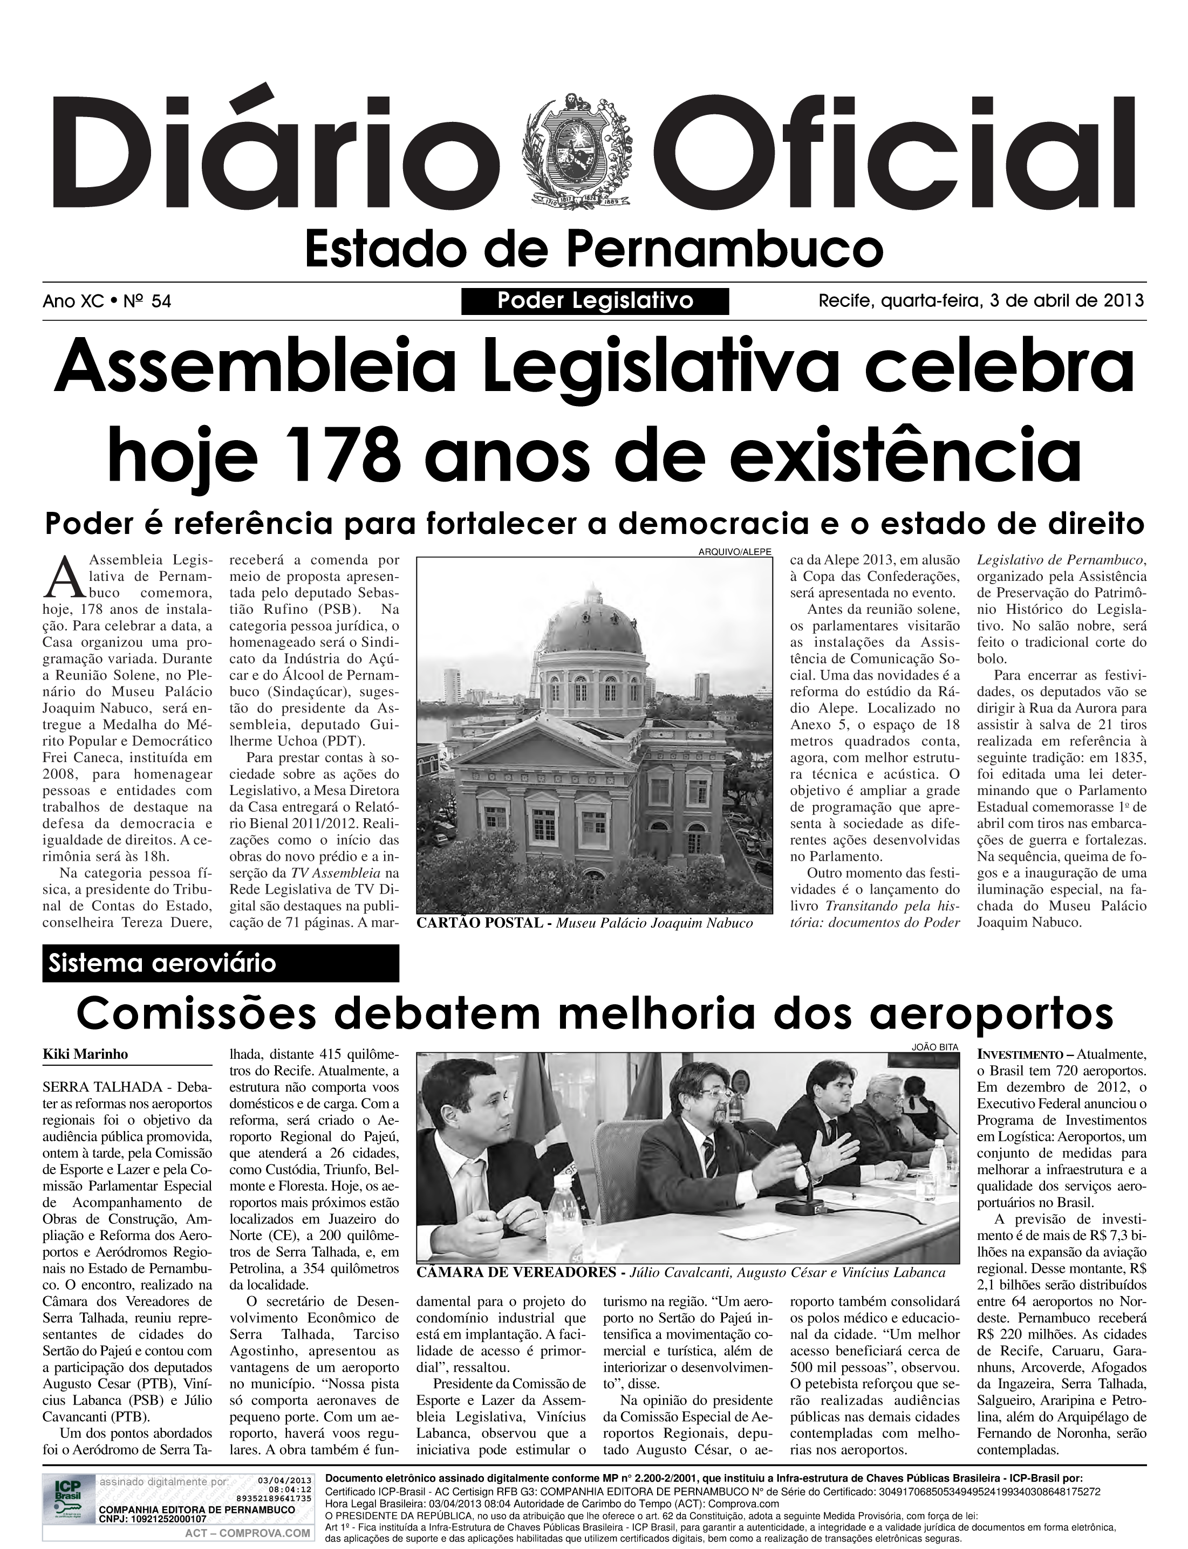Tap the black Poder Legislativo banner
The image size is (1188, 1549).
[x=595, y=301]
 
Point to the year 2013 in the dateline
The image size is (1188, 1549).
[x=1122, y=300]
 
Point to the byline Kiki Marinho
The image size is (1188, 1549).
[x=86, y=1053]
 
